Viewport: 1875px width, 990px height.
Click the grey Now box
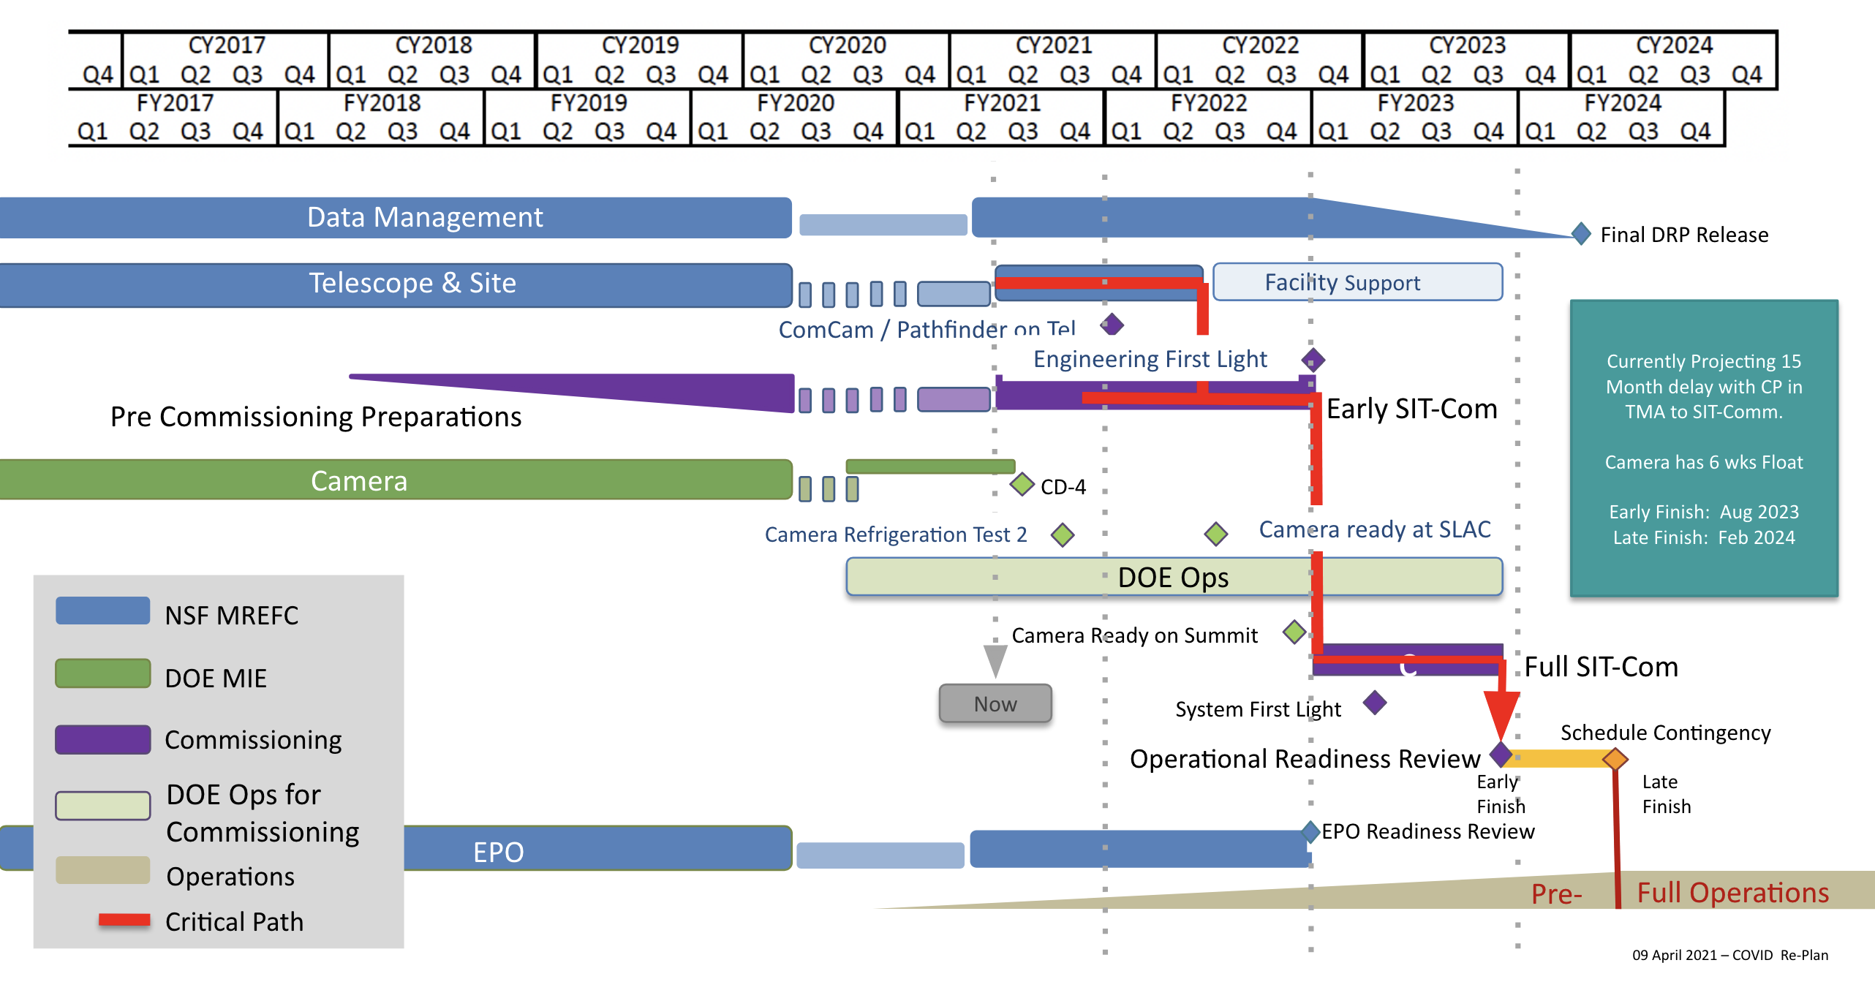995,703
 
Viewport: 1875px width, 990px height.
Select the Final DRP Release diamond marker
1581,234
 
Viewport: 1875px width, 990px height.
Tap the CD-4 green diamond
1022,484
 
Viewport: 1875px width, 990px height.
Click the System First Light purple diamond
1375,703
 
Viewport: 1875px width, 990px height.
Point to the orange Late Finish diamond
1615,759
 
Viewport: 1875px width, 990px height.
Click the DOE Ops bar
1174,577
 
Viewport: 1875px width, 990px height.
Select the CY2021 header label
1053,45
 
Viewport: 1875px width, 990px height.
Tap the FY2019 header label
589,103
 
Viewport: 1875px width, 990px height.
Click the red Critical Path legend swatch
124,921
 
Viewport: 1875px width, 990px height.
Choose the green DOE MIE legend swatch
103,674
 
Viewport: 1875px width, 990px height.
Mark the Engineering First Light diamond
1313,360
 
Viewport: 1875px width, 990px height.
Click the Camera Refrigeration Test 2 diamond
1063,535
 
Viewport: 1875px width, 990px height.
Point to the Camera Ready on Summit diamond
1294,632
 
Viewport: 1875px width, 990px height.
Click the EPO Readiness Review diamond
1311,831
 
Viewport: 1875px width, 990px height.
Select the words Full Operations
1732,893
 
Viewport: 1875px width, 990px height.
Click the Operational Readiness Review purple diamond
1501,754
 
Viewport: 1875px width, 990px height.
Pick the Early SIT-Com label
1411,409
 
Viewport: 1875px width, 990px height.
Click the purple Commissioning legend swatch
103,740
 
